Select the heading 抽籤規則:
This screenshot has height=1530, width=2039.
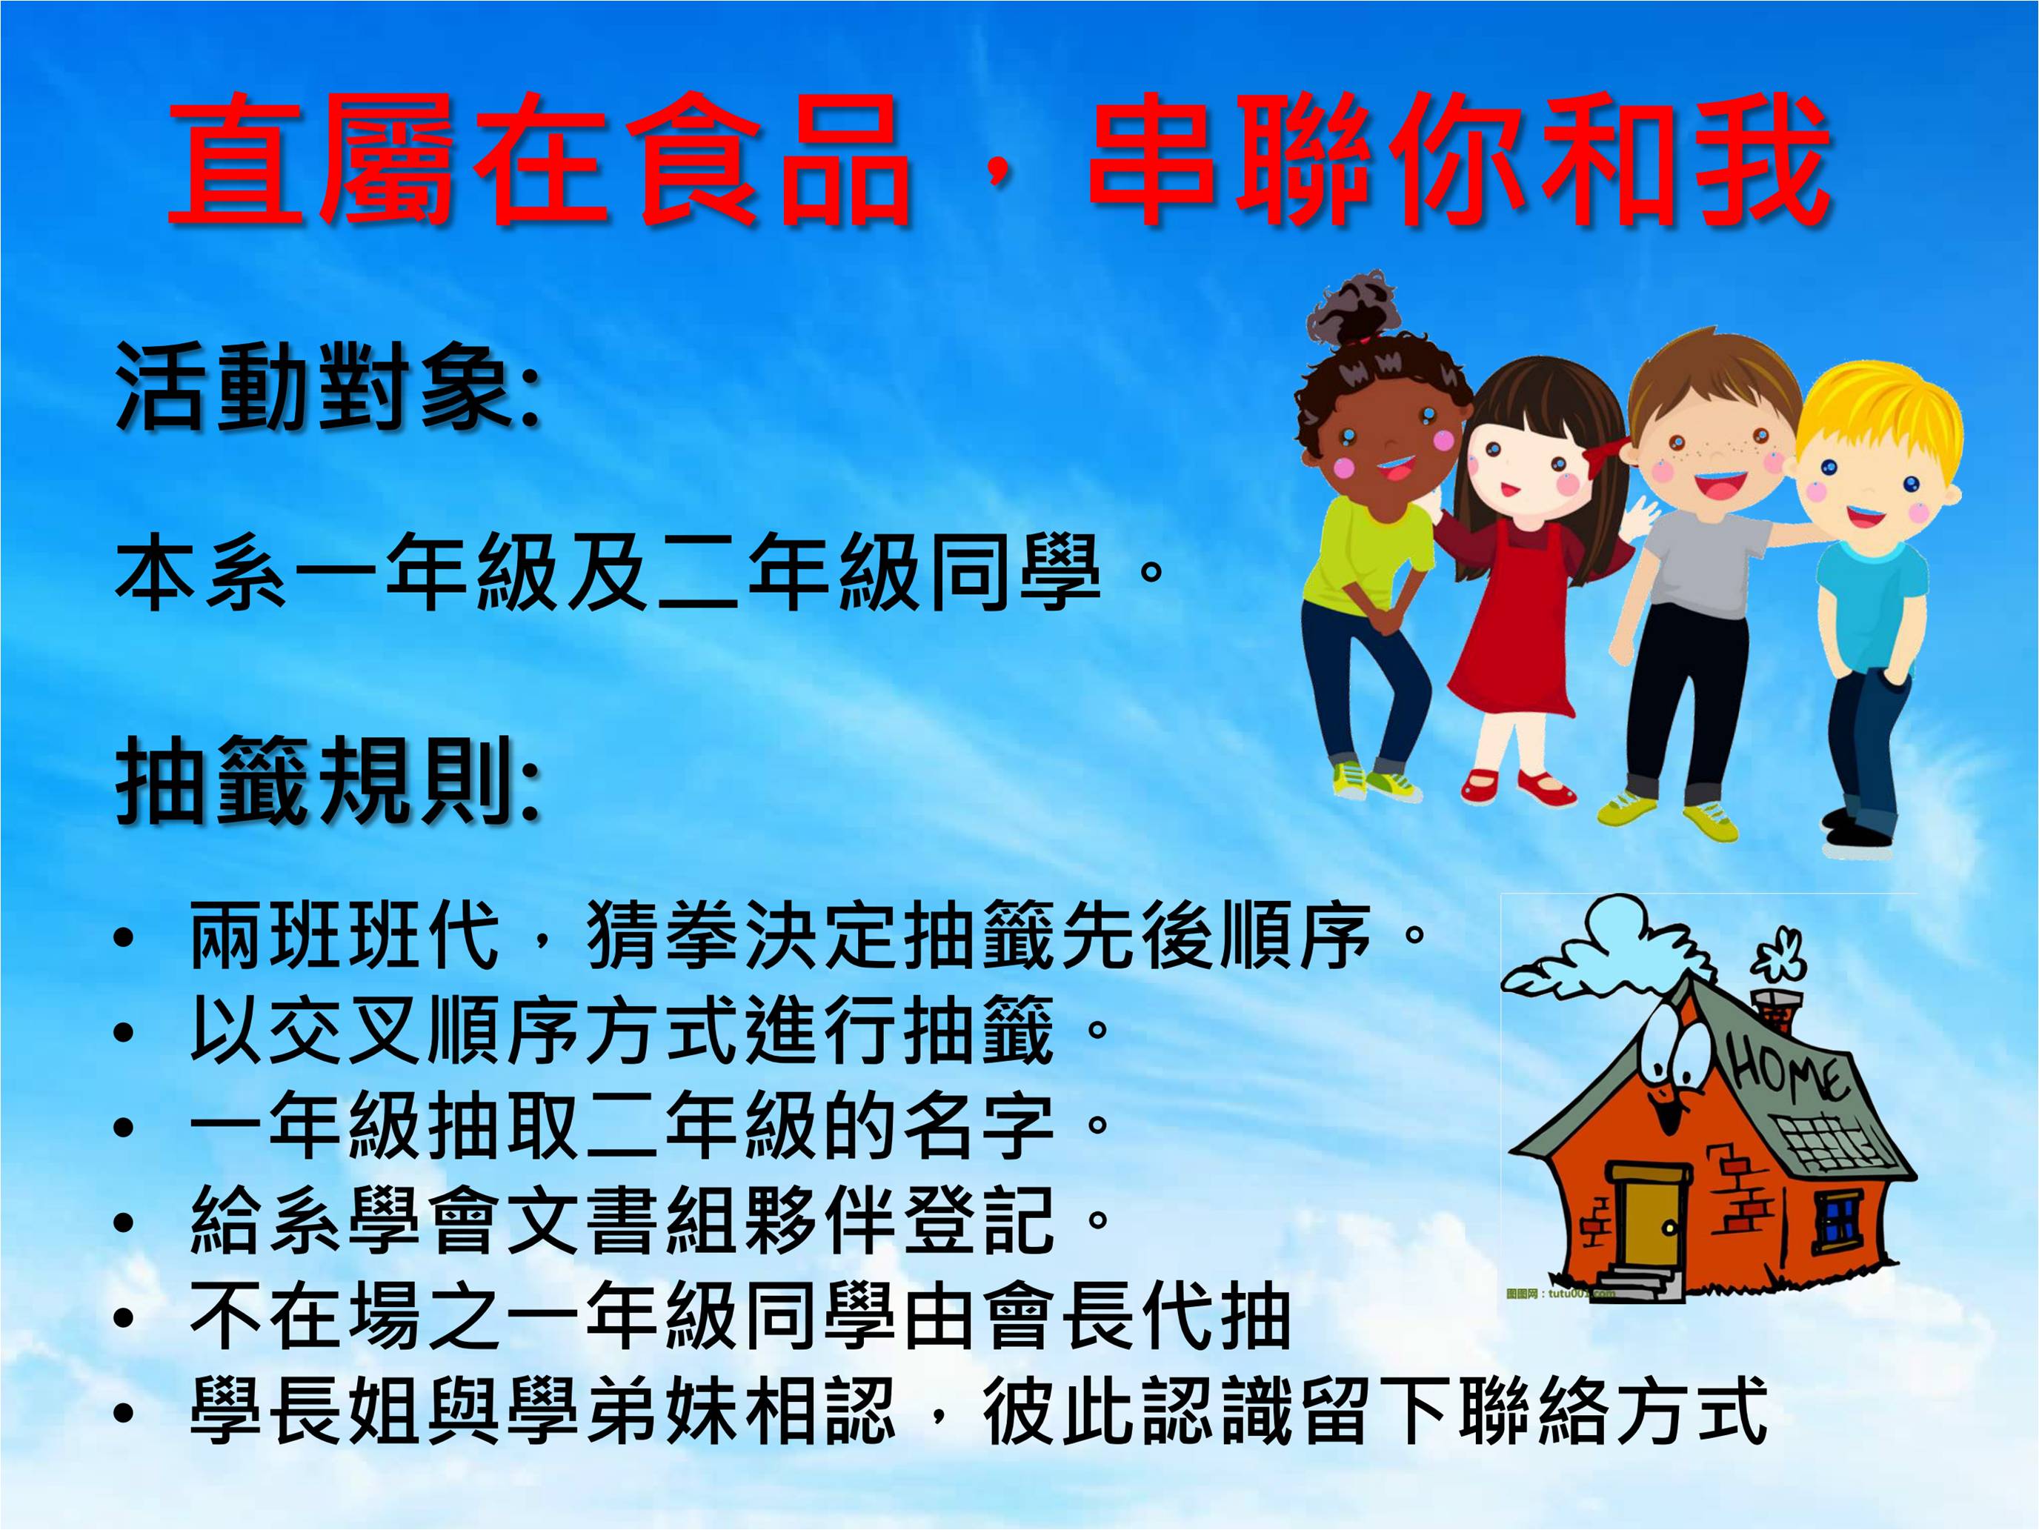click(x=328, y=782)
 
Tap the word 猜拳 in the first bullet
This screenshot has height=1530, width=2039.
click(x=664, y=936)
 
